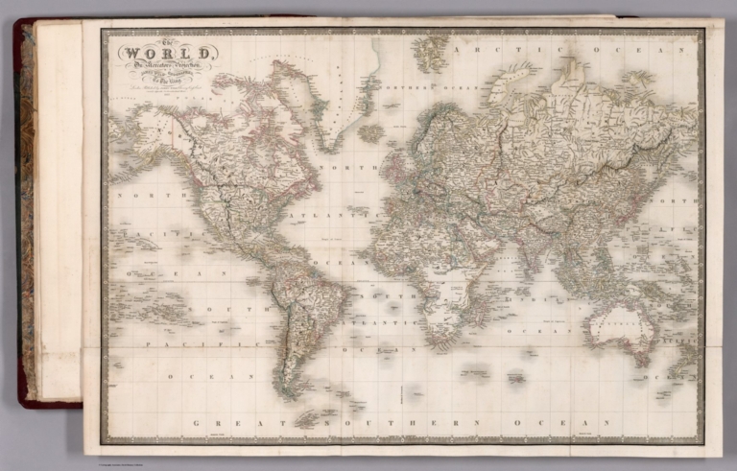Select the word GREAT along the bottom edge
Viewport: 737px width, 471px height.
(x=222, y=423)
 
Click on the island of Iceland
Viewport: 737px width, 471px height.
(x=371, y=132)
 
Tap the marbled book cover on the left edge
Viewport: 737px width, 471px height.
(x=26, y=211)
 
